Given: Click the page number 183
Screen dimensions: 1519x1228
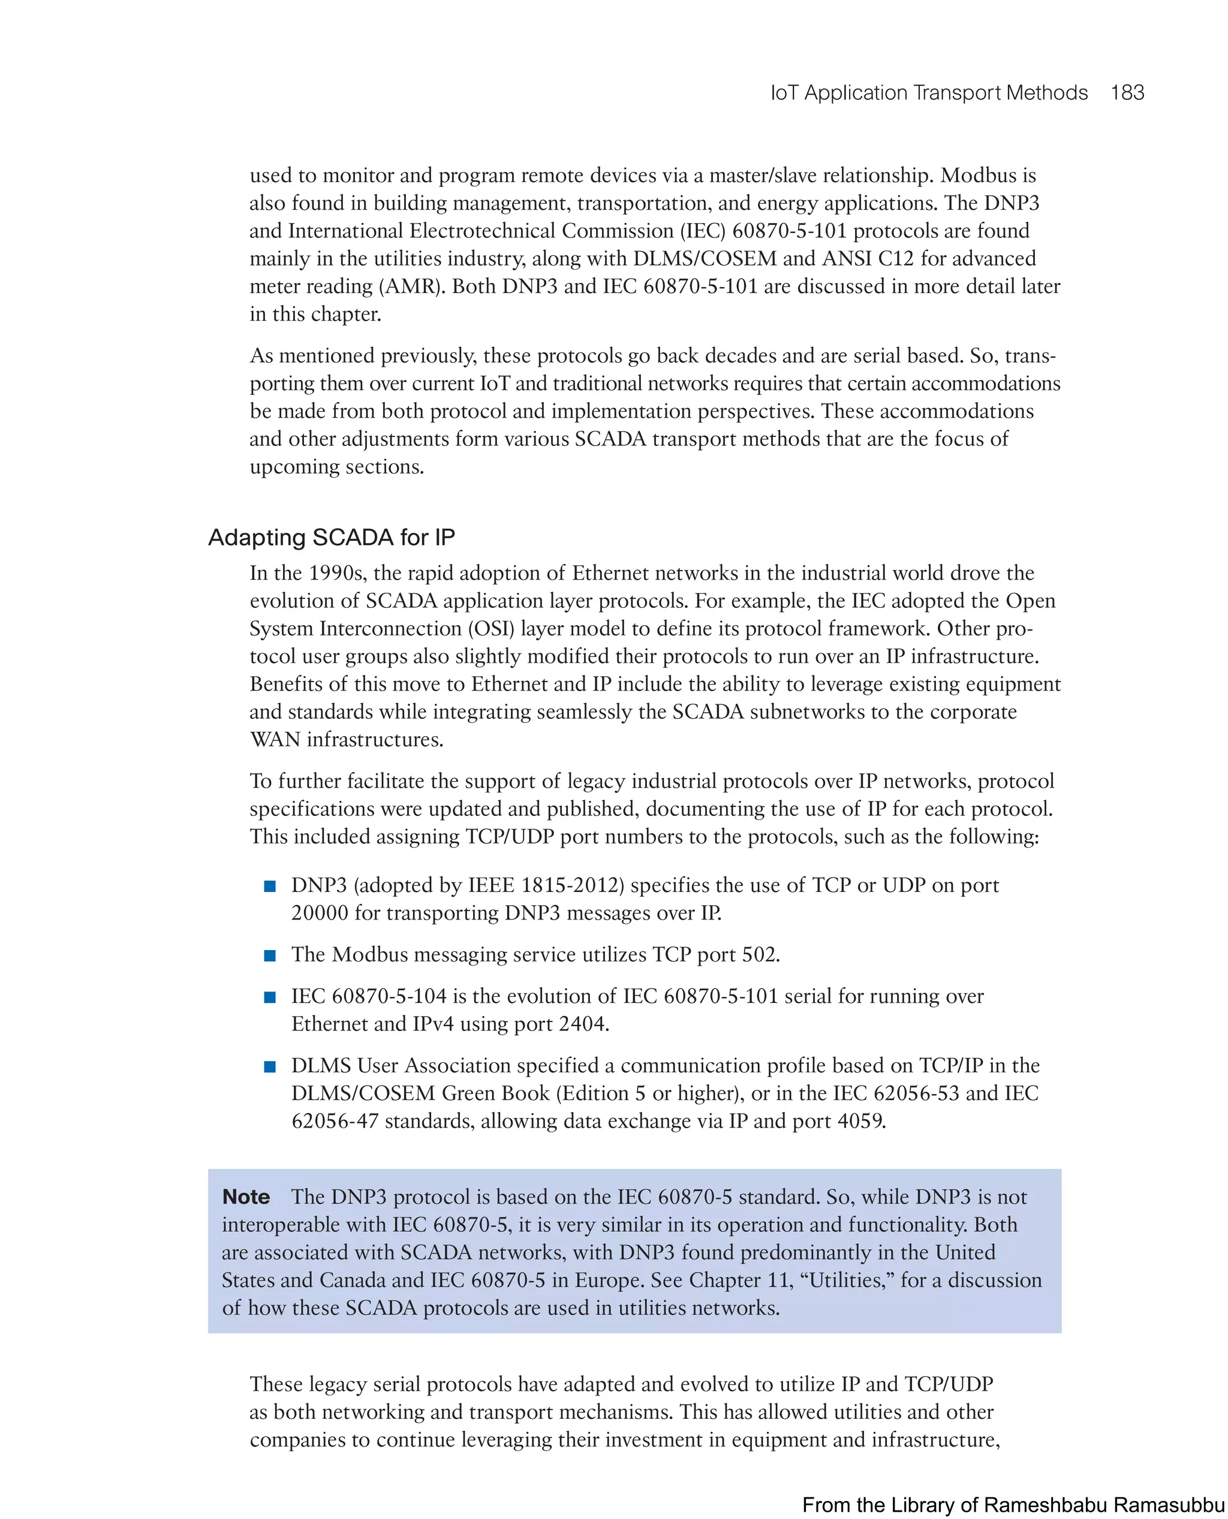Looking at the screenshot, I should click(1127, 93).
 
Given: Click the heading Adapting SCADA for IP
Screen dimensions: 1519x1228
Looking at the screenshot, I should click(331, 538).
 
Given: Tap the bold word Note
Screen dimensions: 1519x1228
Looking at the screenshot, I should click(245, 1196).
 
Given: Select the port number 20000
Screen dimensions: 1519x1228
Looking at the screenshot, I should click(320, 913).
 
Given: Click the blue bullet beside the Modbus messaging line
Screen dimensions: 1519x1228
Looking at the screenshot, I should click(269, 956).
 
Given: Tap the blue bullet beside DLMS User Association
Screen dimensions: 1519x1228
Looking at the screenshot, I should click(269, 1066).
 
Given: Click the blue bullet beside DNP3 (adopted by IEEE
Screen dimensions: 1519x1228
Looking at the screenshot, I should click(269, 886).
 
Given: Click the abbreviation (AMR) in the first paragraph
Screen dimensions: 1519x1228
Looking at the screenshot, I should click(412, 287).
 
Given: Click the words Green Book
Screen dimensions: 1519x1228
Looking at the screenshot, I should click(495, 1093).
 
